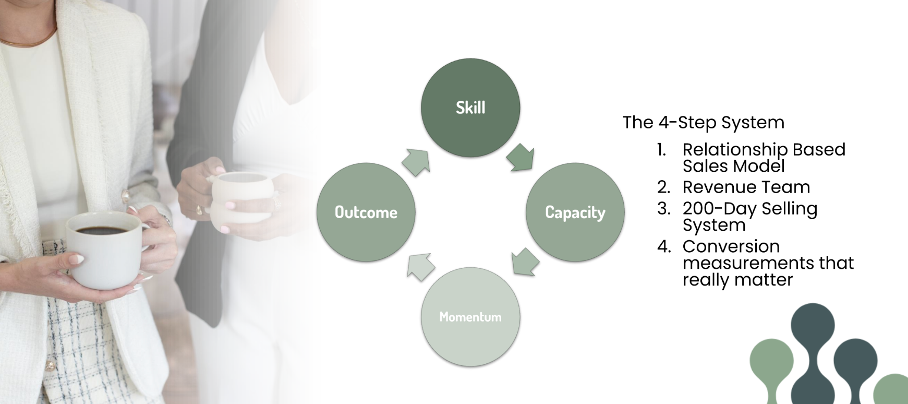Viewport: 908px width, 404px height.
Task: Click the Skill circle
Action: pos(470,108)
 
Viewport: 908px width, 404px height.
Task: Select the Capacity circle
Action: pos(575,212)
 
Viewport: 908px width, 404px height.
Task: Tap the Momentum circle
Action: pos(470,317)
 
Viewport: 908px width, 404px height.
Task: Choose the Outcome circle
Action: pos(366,212)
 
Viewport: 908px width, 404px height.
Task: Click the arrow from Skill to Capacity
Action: pos(521,157)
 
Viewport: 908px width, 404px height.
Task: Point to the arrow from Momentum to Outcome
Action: pos(421,267)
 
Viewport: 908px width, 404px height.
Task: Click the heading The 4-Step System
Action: pos(703,122)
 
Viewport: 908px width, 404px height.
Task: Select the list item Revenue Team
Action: pos(746,187)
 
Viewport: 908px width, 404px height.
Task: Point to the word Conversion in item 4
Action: pos(731,246)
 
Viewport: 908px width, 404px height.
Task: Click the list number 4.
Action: pos(663,246)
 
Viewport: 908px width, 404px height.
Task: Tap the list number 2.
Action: pos(663,187)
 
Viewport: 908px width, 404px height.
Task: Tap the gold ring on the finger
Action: pos(199,210)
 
